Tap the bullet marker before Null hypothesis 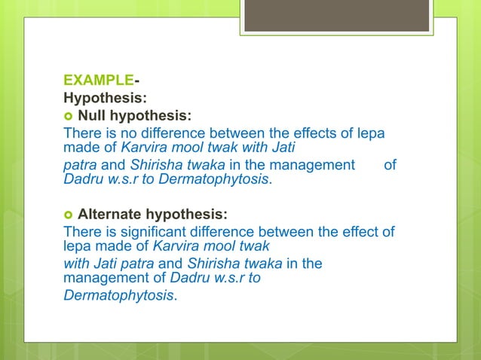(x=68, y=116)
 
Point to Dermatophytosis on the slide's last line (x=118, y=295)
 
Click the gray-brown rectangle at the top (x=336, y=15)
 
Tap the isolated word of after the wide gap (x=390, y=164)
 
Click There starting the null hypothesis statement (x=81, y=133)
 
